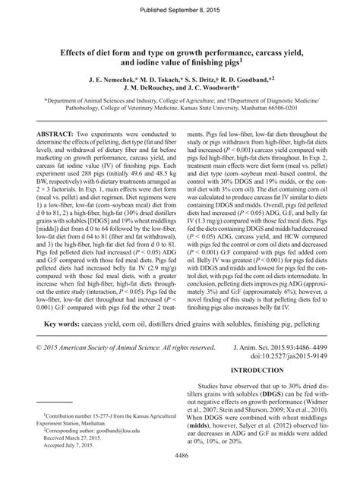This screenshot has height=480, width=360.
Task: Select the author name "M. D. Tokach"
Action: (x=161, y=78)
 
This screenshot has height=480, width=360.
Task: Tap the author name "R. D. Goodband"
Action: (x=259, y=78)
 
